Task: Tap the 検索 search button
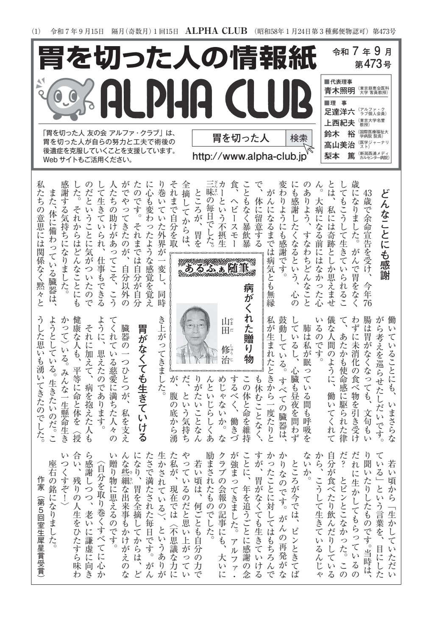click(x=299, y=138)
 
